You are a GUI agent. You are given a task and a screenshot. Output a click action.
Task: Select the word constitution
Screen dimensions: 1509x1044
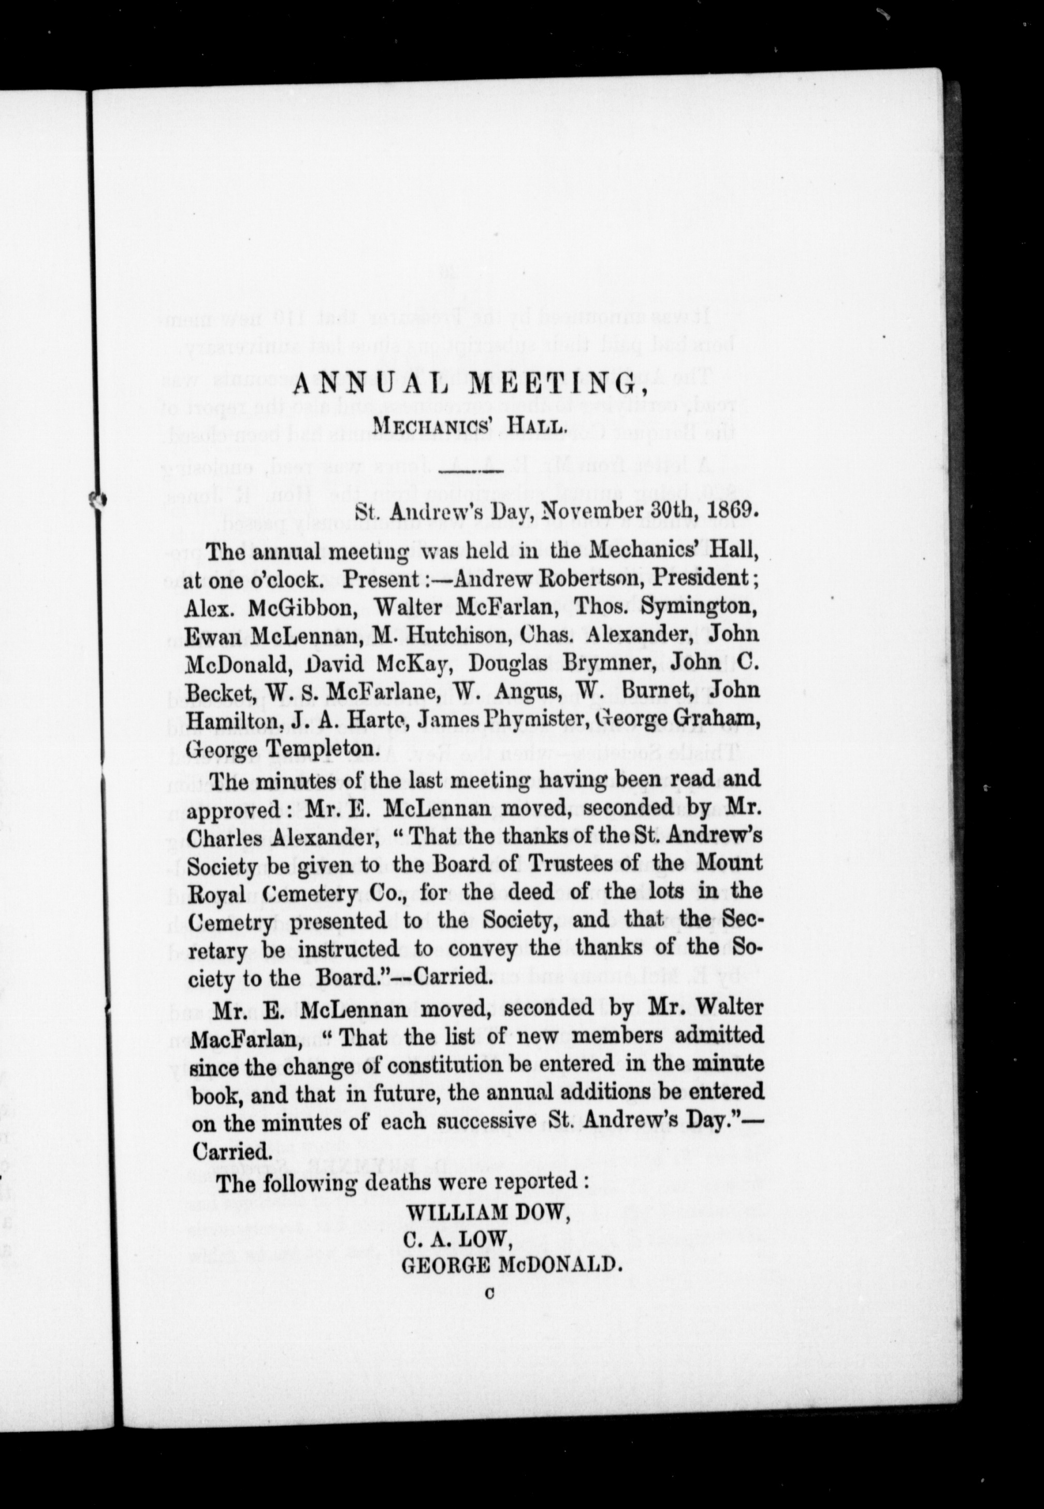pos(447,1063)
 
